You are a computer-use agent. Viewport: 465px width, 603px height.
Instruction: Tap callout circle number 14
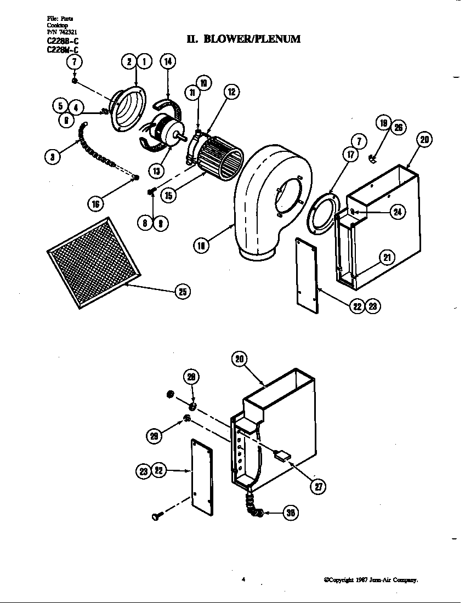[x=168, y=61]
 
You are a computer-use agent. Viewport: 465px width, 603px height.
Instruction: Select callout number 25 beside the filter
[x=182, y=292]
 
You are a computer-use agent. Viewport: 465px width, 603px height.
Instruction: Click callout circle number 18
[x=202, y=246]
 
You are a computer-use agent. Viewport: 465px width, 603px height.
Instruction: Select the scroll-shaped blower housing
[x=269, y=197]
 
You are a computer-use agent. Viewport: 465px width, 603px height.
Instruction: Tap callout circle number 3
[x=52, y=157]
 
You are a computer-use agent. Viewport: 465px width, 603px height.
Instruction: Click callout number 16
[x=96, y=204]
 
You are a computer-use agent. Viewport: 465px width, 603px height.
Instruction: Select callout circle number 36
[x=291, y=513]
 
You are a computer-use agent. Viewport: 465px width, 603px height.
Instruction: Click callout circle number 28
[x=192, y=377]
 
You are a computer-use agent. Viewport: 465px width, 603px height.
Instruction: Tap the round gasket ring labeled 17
[x=320, y=211]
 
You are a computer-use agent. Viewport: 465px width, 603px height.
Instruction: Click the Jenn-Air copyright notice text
[x=371, y=579]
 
